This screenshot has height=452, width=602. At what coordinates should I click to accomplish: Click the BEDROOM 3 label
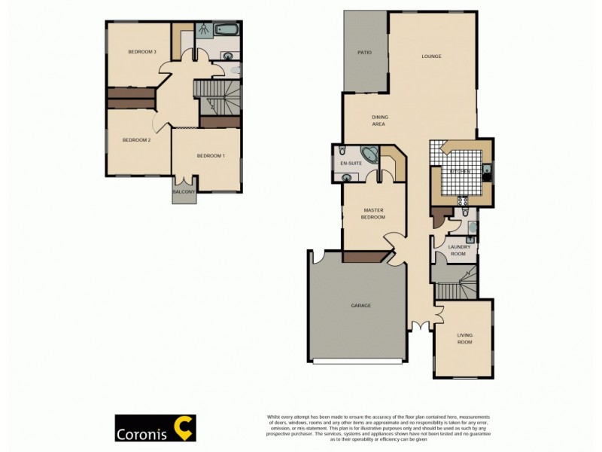141,52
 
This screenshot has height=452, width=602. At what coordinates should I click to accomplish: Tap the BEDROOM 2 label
137,140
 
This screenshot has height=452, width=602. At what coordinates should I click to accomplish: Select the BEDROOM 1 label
211,156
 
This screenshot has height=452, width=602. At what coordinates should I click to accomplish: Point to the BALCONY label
184,193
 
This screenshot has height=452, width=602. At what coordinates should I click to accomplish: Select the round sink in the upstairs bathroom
228,54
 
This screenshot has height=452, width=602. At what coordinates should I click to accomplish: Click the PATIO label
364,53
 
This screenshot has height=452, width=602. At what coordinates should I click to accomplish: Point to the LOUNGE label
431,56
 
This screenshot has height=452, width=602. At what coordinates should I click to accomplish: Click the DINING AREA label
379,121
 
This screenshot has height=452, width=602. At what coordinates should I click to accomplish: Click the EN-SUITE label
350,163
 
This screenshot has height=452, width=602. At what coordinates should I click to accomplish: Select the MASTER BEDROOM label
374,214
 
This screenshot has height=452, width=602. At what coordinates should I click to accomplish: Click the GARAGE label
360,306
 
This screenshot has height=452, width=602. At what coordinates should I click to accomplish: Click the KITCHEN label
460,172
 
